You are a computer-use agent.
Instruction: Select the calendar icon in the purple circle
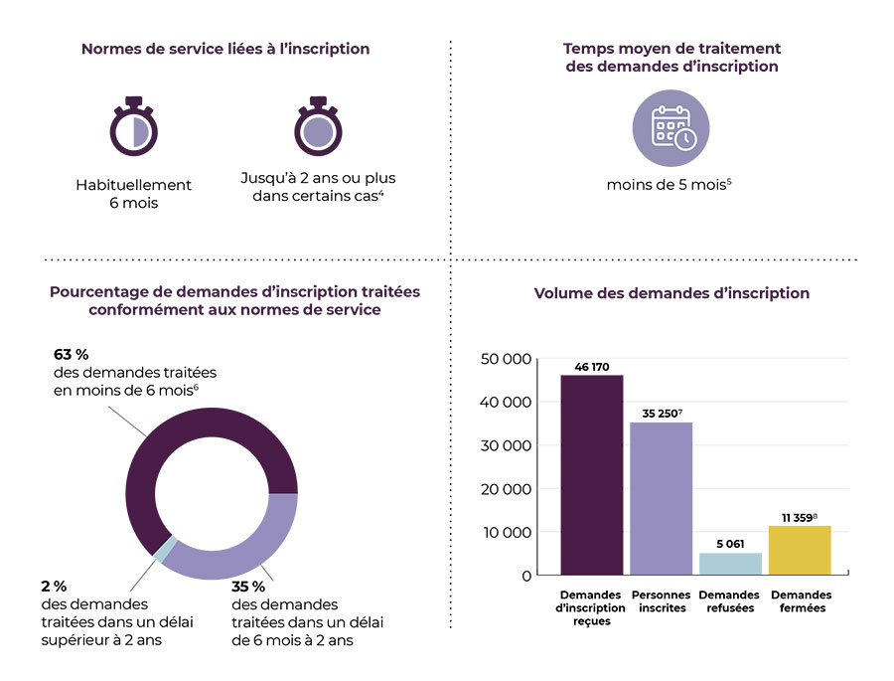[x=671, y=128]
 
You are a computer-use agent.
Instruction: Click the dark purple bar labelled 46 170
[x=592, y=475]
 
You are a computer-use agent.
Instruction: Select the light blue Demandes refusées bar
[x=730, y=564]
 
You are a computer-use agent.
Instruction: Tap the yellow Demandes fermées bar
[x=800, y=550]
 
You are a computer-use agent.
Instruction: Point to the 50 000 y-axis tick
[x=505, y=359]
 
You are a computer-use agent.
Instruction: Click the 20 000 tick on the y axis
[x=505, y=489]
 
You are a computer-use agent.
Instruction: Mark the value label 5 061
[x=730, y=544]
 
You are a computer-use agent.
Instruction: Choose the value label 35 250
[x=659, y=413]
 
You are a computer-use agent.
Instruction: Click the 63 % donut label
[x=71, y=353]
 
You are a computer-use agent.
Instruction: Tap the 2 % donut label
[x=55, y=586]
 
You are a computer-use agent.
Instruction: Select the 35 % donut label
[x=248, y=586]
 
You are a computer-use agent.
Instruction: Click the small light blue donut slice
[x=167, y=550]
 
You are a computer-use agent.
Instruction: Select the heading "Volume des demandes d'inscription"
[x=671, y=293]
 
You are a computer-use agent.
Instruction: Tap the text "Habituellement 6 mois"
[x=134, y=194]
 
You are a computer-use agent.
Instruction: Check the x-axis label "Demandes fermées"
[x=801, y=601]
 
